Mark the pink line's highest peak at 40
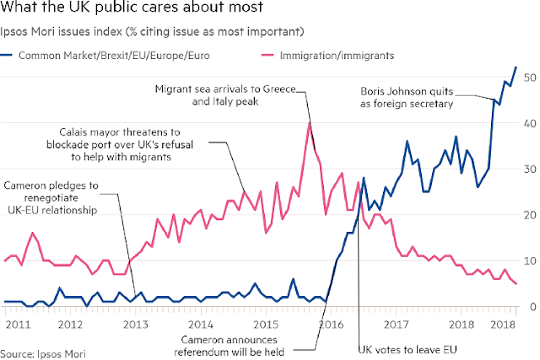(310, 123)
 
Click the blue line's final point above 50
(516, 67)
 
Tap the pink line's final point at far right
(516, 284)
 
